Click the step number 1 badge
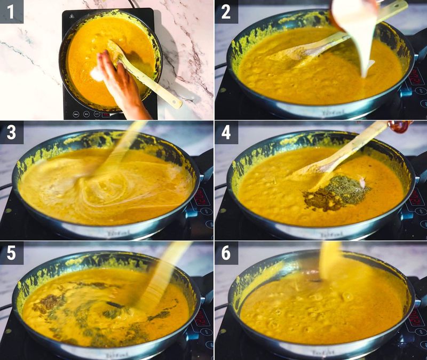[x=11, y=10]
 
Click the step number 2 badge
[x=226, y=11]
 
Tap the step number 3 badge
[x=11, y=132]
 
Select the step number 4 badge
[x=226, y=132]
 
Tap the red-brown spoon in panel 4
[x=399, y=126]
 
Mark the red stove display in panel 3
[x=202, y=197]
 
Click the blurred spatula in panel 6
[x=331, y=261]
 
